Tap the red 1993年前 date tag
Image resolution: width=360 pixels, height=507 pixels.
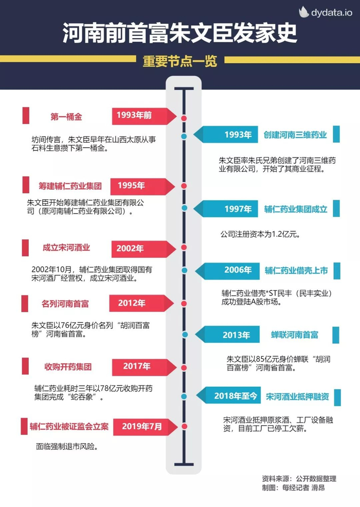(135, 116)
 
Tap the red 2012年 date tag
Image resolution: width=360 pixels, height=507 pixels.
(133, 303)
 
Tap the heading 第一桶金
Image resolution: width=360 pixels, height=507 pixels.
(66, 116)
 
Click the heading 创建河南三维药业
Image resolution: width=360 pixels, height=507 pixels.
(296, 135)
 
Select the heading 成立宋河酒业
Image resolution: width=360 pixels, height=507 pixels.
(66, 248)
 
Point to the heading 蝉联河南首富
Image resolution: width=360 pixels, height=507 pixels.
(295, 335)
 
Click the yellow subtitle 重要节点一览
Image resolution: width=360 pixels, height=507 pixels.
(180, 61)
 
